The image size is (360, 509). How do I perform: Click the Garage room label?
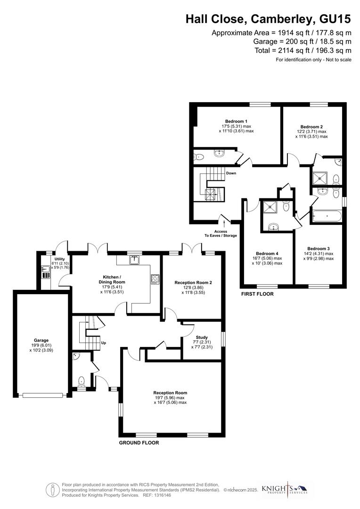[41, 340]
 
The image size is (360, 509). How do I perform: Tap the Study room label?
[202, 337]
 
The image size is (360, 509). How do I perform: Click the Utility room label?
[59, 259]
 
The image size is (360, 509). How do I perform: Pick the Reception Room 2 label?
[193, 282]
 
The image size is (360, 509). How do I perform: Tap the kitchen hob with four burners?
[155, 279]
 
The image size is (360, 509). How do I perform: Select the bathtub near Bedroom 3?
[326, 217]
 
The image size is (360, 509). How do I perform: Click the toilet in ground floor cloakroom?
[82, 380]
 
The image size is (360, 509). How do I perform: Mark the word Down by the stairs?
[231, 173]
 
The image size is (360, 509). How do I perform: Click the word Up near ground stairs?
[103, 343]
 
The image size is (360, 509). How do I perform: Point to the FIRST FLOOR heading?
[257, 294]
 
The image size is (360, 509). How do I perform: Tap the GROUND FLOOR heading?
[139, 443]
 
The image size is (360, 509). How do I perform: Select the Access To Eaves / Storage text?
[221, 233]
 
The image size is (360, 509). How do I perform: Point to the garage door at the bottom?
[42, 395]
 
